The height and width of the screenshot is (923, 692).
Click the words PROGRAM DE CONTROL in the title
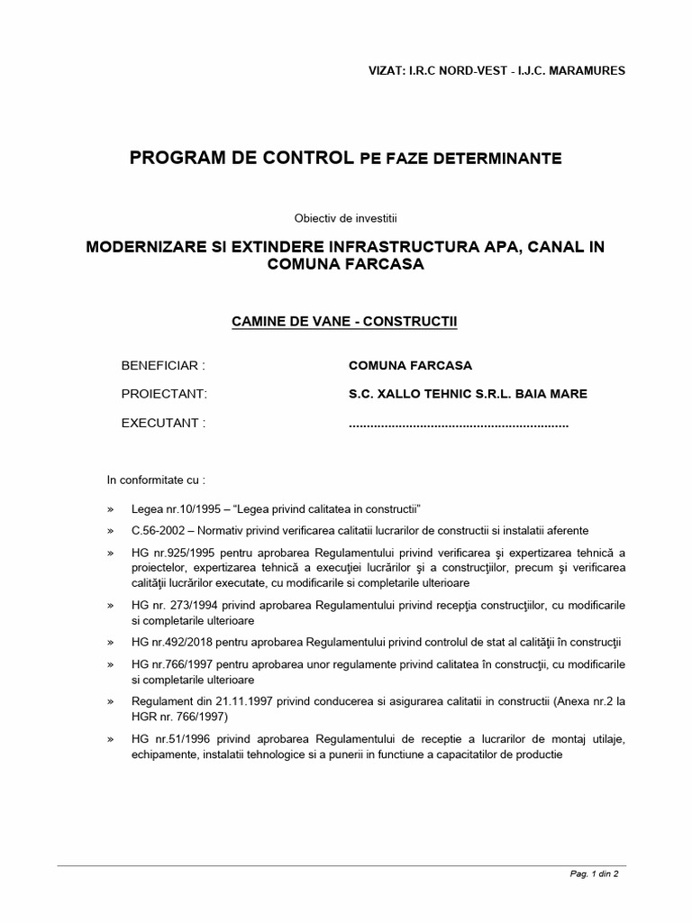tap(241, 159)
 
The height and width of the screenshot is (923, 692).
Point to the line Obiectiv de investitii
tap(345, 217)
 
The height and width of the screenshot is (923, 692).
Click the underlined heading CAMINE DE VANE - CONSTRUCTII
tap(345, 321)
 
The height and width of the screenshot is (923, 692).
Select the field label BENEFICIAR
tap(163, 366)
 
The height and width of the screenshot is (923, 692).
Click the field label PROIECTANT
tap(164, 394)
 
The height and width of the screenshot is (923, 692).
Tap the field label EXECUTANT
tap(163, 423)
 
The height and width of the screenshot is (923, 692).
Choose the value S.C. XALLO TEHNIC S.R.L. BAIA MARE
tap(468, 394)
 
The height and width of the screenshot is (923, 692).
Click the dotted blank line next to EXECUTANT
tap(458, 424)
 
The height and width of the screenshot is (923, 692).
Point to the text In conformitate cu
tap(156, 480)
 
